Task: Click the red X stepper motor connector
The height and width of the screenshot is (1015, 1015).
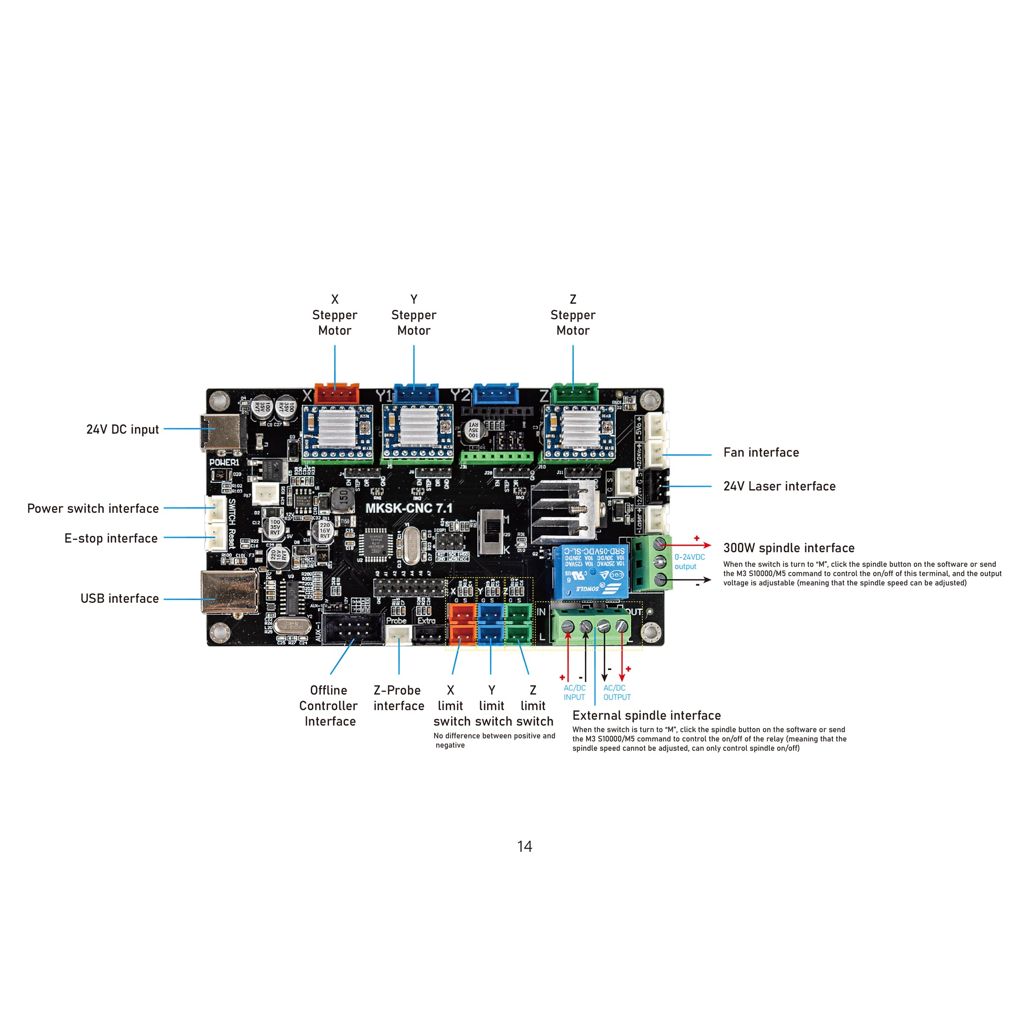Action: (x=337, y=394)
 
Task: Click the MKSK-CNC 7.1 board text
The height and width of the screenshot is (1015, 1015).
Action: (x=409, y=508)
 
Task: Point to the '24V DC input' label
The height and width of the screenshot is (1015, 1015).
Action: (x=122, y=430)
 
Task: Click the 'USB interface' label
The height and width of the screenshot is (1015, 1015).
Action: (x=119, y=599)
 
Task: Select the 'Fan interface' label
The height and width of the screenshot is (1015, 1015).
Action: (x=761, y=453)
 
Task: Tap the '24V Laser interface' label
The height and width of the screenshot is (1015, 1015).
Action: (x=780, y=487)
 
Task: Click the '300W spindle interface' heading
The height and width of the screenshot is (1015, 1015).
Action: (x=789, y=549)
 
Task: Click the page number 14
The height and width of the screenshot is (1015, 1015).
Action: (x=524, y=847)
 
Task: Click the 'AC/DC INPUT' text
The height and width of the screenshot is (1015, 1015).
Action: (x=574, y=692)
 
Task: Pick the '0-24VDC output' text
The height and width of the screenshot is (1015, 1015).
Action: (x=689, y=562)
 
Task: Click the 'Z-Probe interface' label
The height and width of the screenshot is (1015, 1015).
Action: (x=398, y=698)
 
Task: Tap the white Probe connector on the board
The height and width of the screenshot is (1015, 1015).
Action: (x=399, y=635)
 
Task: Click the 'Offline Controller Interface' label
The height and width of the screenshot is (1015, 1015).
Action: (x=329, y=706)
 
